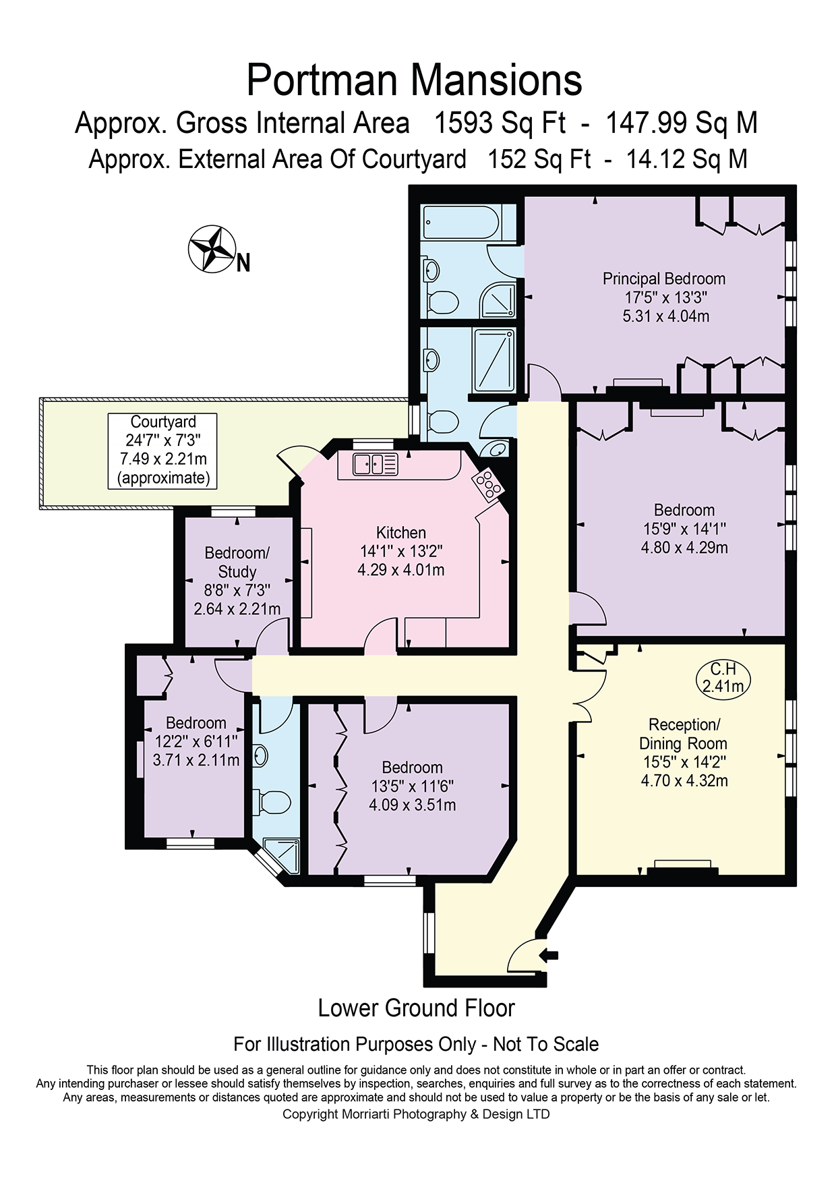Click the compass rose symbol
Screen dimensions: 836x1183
[212, 249]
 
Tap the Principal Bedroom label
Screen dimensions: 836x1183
[664, 279]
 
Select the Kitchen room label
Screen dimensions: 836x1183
[401, 533]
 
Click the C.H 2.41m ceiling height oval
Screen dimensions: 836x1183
[723, 679]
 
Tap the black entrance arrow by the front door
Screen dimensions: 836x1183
[550, 954]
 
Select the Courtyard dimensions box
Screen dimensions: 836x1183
[162, 451]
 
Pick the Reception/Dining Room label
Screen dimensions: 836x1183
[683, 734]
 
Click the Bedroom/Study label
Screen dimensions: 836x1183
[237, 562]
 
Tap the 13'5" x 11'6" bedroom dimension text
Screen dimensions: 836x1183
[412, 786]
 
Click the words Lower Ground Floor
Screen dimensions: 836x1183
[416, 1008]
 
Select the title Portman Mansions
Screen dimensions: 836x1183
[414, 80]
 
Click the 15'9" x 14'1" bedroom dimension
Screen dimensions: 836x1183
[684, 529]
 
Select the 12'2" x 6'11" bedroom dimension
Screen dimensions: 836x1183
[196, 741]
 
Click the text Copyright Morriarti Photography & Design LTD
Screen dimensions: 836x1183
[416, 1114]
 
